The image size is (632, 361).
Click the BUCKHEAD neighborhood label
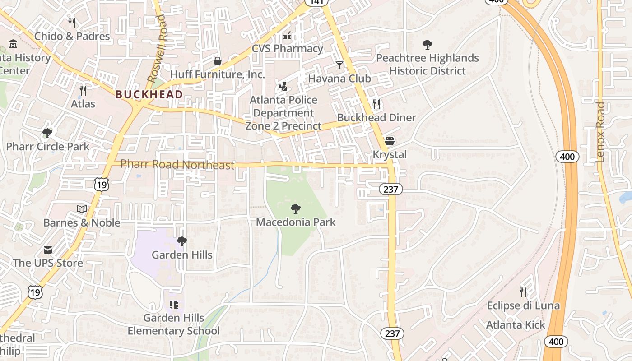click(x=149, y=94)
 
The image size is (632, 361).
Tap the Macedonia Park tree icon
click(x=296, y=208)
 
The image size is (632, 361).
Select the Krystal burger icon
click(x=389, y=141)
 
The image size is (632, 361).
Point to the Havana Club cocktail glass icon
click(x=339, y=65)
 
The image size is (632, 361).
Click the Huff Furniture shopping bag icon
click(x=218, y=61)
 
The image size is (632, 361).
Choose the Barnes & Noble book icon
click(x=82, y=209)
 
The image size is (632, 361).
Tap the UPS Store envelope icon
click(x=48, y=250)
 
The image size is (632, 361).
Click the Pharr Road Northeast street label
click(x=177, y=165)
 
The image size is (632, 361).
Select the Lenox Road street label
click(x=600, y=132)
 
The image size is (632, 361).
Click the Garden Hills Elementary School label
click(x=174, y=324)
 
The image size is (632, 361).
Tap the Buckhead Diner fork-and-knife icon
click(x=376, y=104)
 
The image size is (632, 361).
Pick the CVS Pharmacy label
click(x=288, y=48)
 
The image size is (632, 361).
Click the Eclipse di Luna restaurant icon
click(x=523, y=292)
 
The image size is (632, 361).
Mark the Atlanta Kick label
click(x=516, y=325)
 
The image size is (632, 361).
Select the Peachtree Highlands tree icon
click(x=427, y=45)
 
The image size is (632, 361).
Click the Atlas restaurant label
click(x=83, y=104)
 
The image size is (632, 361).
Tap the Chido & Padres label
click(x=72, y=36)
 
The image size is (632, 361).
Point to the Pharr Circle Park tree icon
click(x=47, y=133)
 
